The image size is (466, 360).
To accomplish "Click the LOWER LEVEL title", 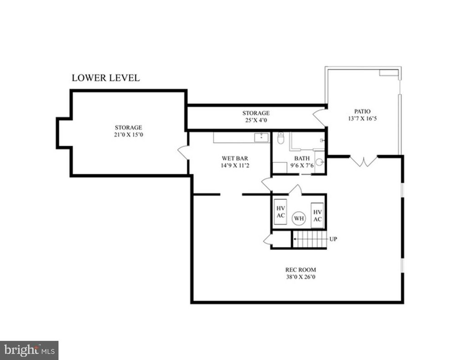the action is tap(106, 78).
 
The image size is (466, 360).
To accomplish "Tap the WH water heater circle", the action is tap(299, 218).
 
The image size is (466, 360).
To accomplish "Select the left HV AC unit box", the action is tap(280, 212).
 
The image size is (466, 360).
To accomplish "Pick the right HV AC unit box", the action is tap(317, 216).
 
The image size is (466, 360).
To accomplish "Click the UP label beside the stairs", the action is tap(333, 239).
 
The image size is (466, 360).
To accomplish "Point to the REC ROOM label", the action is tap(300, 270).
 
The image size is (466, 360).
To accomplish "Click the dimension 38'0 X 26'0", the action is tap(300, 277).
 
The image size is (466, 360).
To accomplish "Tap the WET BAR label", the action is tap(235, 158).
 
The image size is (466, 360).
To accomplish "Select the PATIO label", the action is tap(362, 112).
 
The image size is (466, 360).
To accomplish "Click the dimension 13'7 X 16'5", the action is tap(362, 119).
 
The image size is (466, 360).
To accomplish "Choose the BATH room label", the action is tap(302, 158).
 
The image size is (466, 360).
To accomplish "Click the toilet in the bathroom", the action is tap(280, 138).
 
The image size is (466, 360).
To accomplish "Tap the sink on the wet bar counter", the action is tap(262, 137).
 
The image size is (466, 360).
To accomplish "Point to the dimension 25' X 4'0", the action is tap(256, 120).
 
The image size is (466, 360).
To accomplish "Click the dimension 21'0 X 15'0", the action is tap(129, 135).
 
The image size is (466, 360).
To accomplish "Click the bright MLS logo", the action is tap(29, 350).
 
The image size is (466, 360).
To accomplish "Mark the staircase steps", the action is tap(309, 239).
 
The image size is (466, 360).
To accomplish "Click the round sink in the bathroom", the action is tap(319, 162).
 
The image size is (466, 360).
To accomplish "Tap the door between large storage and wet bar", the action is tap(184, 152).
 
